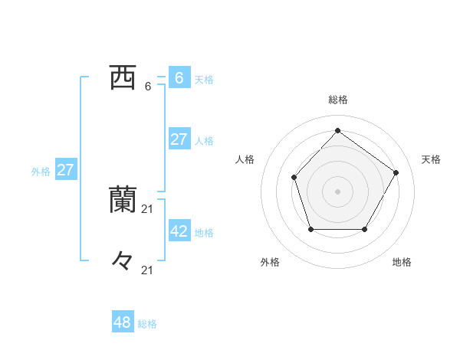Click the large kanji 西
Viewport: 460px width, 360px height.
(122, 77)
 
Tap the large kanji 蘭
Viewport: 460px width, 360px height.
(122, 199)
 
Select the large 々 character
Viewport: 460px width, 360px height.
(122, 260)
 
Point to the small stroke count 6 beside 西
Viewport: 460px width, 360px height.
(148, 87)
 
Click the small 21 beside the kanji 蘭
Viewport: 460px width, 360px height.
(148, 208)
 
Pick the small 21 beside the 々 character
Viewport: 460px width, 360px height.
(148, 270)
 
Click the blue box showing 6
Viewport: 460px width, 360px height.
(179, 77)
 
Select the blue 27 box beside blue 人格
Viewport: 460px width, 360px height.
(179, 139)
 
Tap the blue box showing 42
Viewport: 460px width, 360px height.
(179, 231)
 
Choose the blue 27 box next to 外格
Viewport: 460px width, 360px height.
(66, 170)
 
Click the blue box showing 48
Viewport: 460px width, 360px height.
(123, 322)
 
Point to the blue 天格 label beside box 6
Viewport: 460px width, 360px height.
(204, 80)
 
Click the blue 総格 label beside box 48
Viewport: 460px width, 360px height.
(147, 325)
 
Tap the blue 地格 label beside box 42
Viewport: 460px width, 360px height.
(204, 233)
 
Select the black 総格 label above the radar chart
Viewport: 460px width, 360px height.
(337, 100)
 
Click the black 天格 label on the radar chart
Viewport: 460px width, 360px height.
(431, 159)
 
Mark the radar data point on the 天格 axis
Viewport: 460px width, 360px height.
(396, 172)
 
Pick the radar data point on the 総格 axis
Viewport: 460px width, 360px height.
(337, 130)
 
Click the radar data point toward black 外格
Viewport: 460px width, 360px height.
(310, 229)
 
